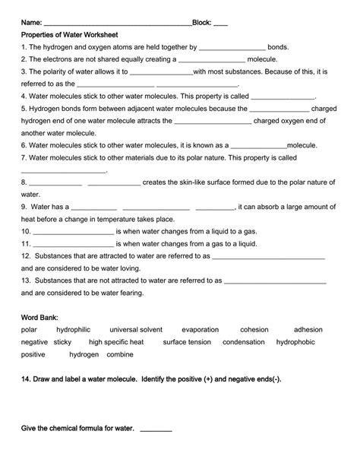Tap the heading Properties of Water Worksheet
click(x=69, y=35)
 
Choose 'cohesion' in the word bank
click(x=254, y=330)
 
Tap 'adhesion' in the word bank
click(x=308, y=330)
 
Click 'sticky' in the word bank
click(x=62, y=342)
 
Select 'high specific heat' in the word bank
click(x=116, y=342)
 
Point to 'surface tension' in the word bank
click(x=187, y=342)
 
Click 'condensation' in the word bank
click(x=243, y=342)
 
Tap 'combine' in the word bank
click(x=120, y=355)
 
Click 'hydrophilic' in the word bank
click(x=73, y=330)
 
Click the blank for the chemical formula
click(x=156, y=430)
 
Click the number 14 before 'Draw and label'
click(x=26, y=379)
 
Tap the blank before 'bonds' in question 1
click(x=231, y=47)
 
